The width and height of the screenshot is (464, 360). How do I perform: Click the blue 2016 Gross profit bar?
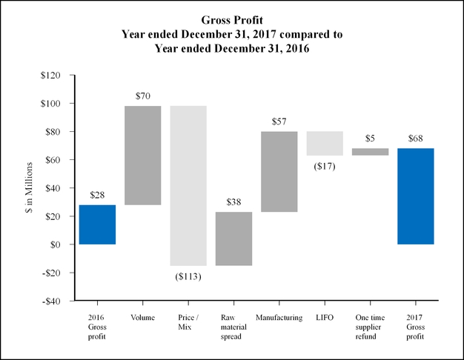pos(97,224)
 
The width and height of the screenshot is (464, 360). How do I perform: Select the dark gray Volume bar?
pos(143,155)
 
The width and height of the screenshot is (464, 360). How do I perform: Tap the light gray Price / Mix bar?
pos(188,185)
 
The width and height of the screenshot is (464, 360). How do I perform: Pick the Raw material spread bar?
pos(233,239)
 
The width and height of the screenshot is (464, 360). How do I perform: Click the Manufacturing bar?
pos(279,172)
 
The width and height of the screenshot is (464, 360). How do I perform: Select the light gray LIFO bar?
pos(325,143)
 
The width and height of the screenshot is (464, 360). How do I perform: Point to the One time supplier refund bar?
pos(370,152)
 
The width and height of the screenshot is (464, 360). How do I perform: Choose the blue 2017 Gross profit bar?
pos(415,196)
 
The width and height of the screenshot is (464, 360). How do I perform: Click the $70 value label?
pos(143,96)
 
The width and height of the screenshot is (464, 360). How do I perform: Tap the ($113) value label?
pos(188,276)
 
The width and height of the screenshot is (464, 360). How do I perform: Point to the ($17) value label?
pos(325,166)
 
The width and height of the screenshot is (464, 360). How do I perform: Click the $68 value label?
pos(415,139)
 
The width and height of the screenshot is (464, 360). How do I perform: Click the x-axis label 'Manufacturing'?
pos(279,318)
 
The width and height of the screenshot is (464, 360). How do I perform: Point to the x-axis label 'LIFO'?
pos(325,318)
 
